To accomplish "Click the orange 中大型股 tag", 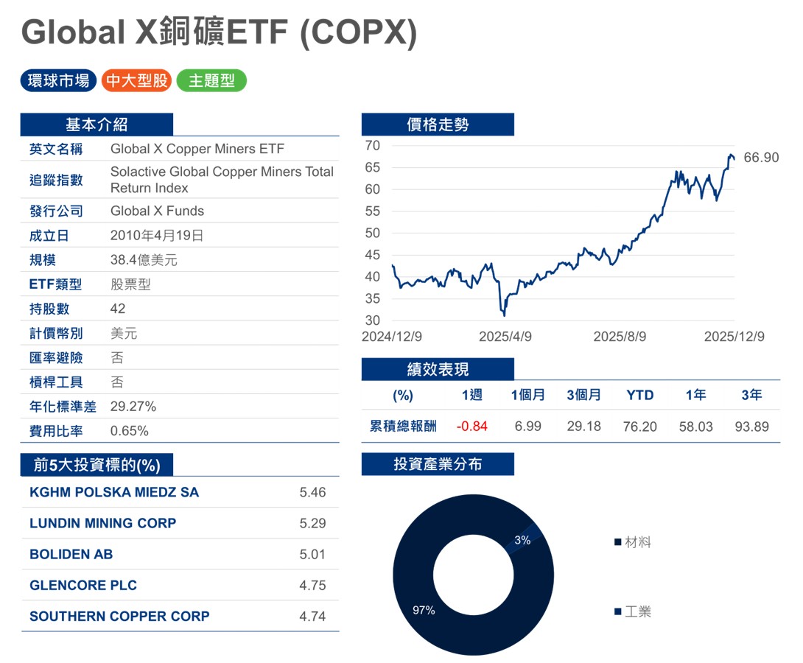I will (137, 80).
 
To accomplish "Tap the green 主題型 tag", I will (211, 80).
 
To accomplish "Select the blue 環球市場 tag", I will (58, 80).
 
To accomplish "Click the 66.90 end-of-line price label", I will (761, 158).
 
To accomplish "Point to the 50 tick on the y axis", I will (373, 234).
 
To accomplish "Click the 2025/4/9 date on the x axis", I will (505, 337).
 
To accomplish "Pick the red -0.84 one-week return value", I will (471, 427).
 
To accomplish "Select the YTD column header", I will (639, 396).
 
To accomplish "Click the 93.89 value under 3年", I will (751, 427).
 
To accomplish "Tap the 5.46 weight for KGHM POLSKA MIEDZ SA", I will (312, 492).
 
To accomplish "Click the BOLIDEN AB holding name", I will (71, 554).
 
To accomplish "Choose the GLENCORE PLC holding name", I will (83, 585).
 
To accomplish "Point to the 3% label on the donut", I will (522, 540).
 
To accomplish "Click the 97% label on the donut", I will (424, 610).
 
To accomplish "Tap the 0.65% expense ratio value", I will (130, 431).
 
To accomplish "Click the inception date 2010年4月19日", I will (157, 236).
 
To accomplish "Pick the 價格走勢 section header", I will (438, 124).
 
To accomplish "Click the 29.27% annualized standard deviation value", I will (133, 407).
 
